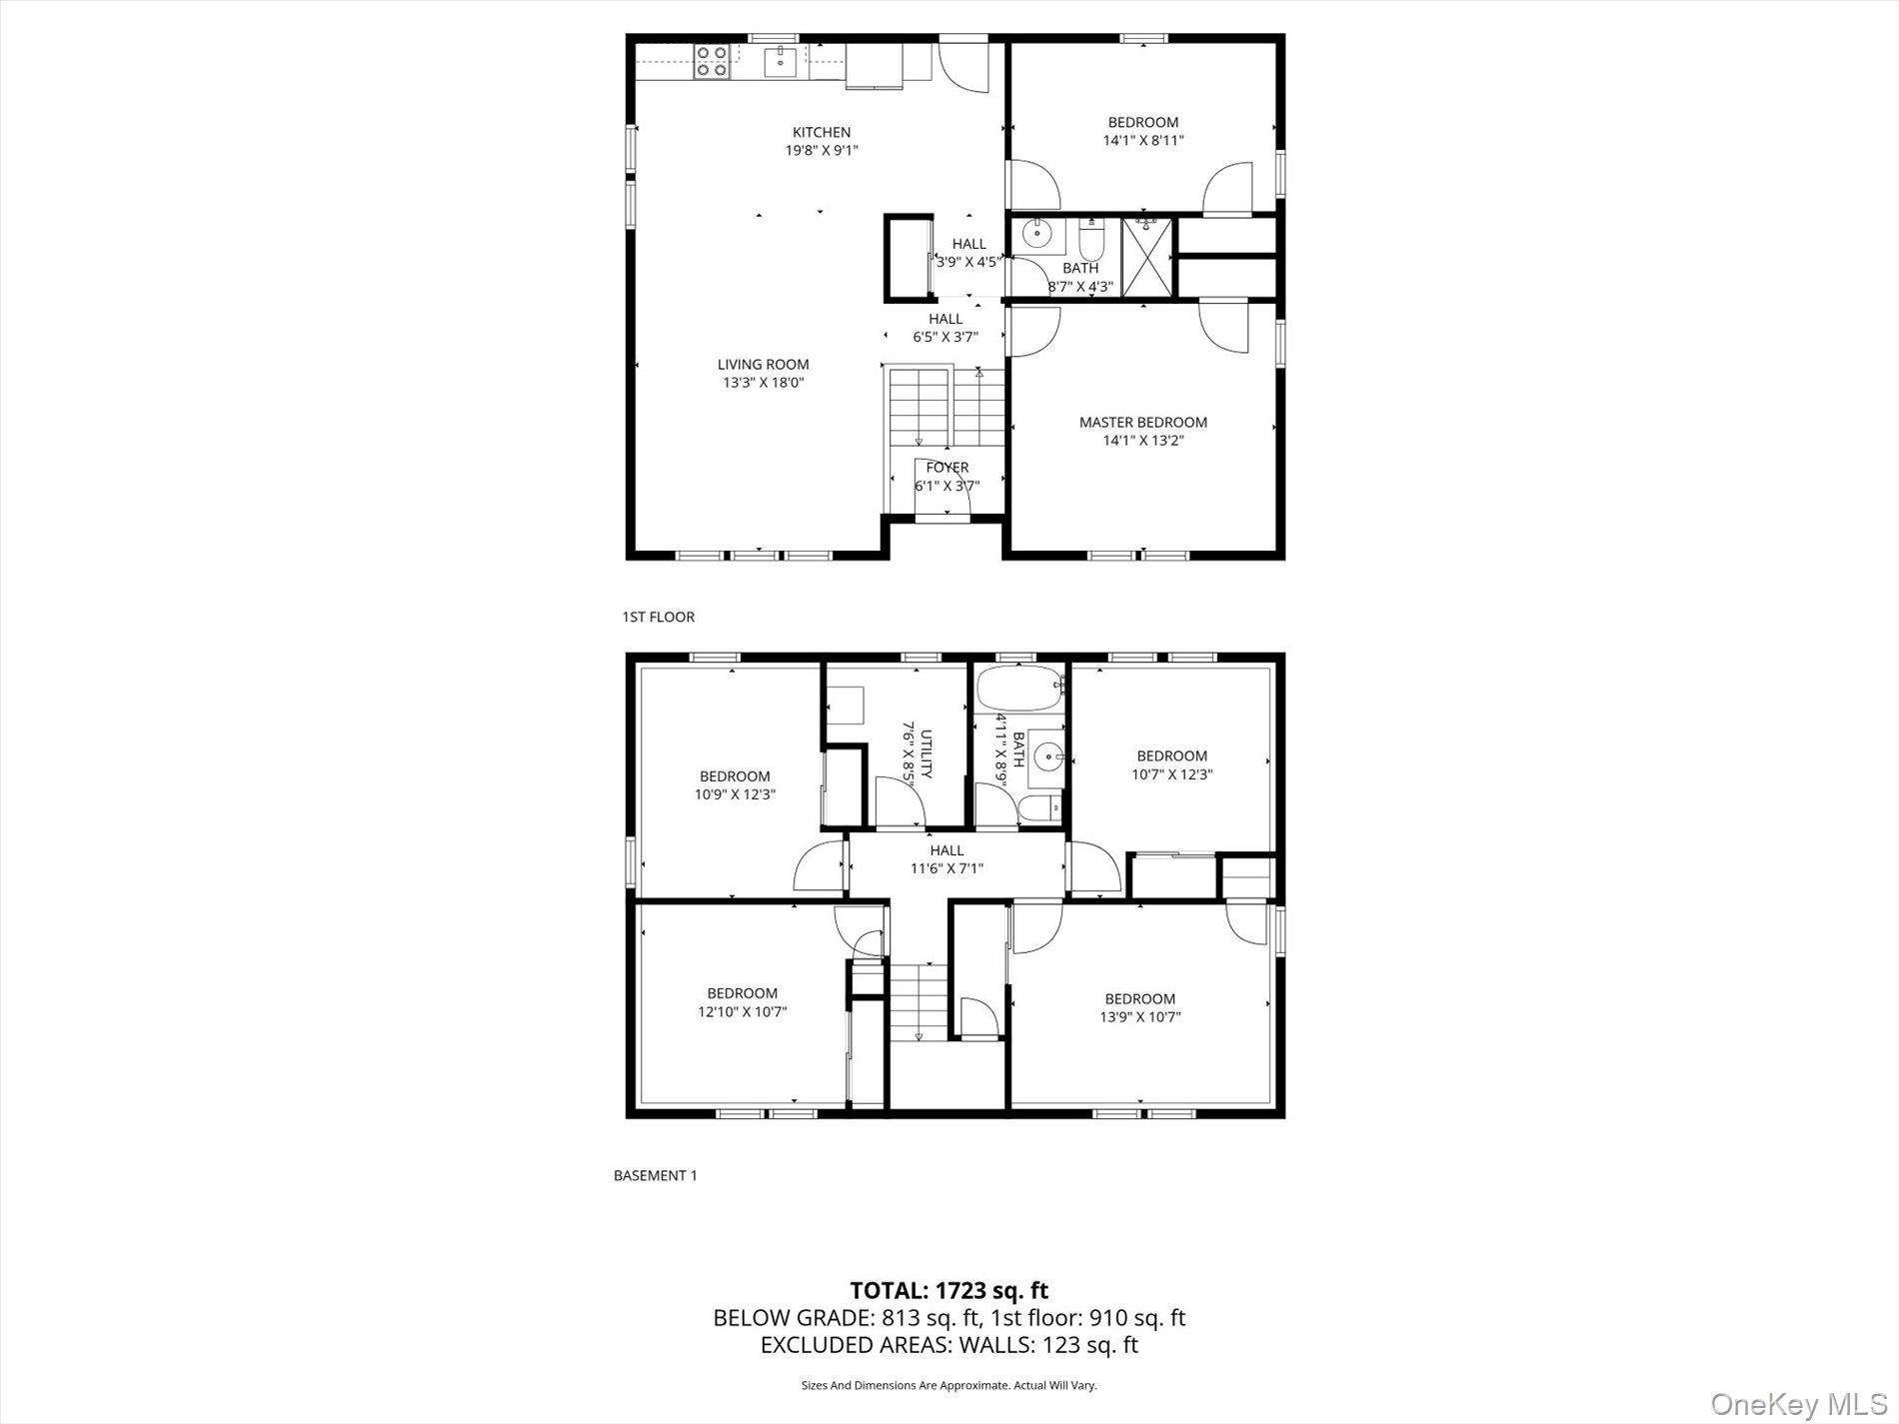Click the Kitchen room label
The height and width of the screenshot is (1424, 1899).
click(822, 132)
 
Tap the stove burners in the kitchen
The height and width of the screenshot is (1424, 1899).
click(711, 61)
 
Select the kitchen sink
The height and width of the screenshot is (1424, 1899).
click(781, 62)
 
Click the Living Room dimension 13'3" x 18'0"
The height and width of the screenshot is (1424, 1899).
click(764, 383)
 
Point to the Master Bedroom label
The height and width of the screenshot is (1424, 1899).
click(1142, 422)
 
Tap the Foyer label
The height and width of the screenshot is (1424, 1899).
click(947, 467)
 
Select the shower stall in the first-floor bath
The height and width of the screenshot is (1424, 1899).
click(1146, 257)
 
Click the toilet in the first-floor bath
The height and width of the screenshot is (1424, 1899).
click(1090, 241)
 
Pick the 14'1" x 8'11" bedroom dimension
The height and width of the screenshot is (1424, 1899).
click(1142, 141)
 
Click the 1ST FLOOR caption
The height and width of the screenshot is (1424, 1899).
click(658, 617)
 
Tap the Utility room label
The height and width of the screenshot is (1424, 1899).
click(926, 754)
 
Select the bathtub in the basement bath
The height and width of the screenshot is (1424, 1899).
click(1019, 689)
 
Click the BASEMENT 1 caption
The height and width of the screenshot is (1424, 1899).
click(655, 1175)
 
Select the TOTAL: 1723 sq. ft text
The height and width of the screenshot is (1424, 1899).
click(949, 1290)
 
